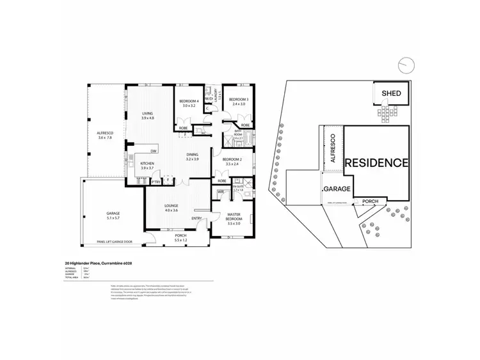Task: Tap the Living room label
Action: (x=148, y=116)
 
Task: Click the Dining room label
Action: (x=193, y=155)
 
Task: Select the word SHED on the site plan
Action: (x=391, y=94)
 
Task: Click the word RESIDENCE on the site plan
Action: (x=376, y=162)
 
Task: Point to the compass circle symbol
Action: (x=404, y=65)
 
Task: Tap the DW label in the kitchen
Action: (x=154, y=151)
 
